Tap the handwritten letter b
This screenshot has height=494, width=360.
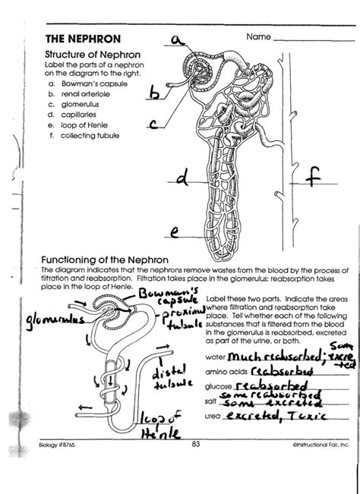pos(156,93)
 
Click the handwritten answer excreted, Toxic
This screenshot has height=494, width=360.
pos(279,417)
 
